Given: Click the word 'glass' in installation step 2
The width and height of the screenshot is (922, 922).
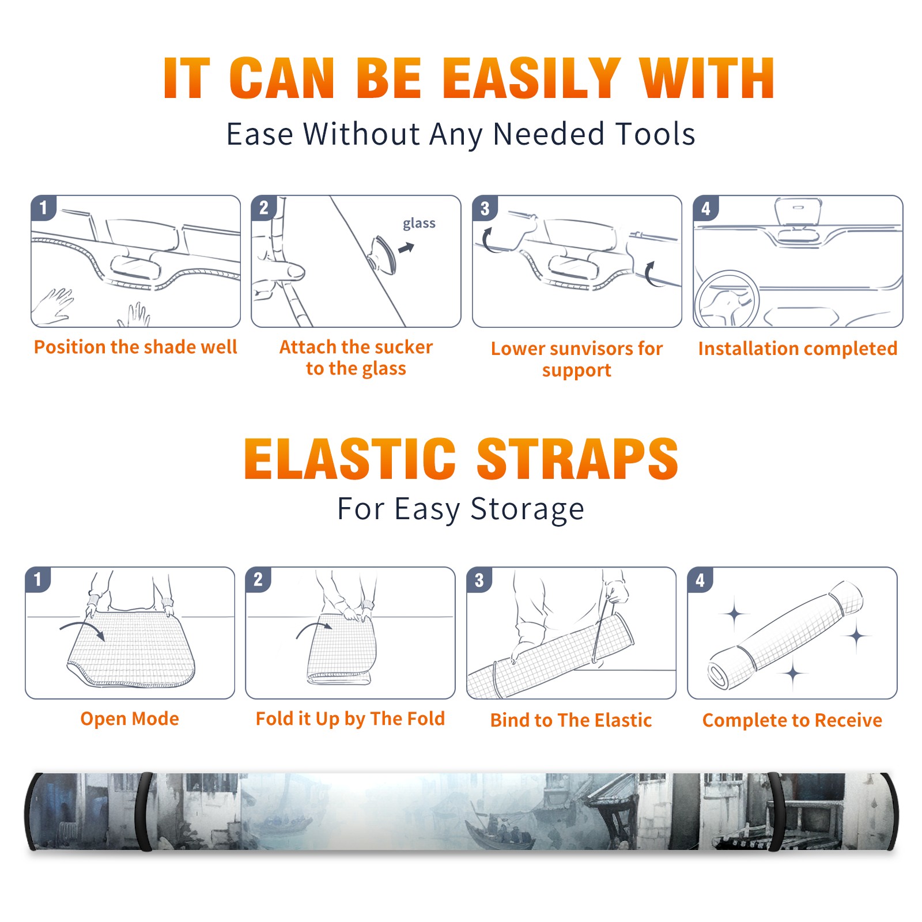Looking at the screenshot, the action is tap(419, 224).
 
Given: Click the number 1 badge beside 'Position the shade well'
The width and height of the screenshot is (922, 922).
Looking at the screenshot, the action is tap(44, 207).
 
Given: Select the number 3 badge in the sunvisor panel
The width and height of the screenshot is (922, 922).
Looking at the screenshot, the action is tap(485, 207).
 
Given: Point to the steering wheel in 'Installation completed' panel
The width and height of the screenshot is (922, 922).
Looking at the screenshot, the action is tap(727, 298).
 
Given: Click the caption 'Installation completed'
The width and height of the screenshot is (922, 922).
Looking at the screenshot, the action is tap(798, 348).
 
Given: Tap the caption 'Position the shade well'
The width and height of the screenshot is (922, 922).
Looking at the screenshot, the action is tap(135, 347).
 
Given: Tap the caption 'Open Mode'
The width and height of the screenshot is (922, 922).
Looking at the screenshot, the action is tap(130, 719).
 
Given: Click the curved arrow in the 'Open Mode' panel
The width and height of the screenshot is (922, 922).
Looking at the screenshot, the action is tap(82, 627).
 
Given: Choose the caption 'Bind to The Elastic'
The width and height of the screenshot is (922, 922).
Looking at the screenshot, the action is tap(571, 720).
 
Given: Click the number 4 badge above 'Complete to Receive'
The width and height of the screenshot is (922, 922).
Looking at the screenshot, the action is tap(700, 580).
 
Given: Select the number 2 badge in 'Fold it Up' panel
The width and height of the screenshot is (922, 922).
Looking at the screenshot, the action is tap(258, 580).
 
